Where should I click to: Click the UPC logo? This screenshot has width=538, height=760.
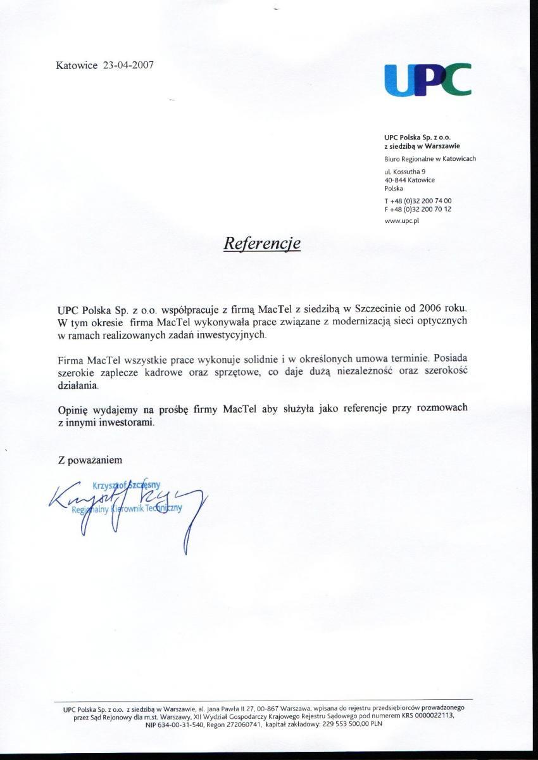428,80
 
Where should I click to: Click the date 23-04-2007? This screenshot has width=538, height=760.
128,65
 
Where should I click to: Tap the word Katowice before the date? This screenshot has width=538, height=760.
76,65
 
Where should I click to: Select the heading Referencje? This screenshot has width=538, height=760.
262,243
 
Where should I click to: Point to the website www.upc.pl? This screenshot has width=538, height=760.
402,221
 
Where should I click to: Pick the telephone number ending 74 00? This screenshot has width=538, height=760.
418,201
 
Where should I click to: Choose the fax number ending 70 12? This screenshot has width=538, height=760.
418,209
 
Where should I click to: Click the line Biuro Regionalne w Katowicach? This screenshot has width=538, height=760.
430,159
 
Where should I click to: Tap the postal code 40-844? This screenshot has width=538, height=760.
395,180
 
